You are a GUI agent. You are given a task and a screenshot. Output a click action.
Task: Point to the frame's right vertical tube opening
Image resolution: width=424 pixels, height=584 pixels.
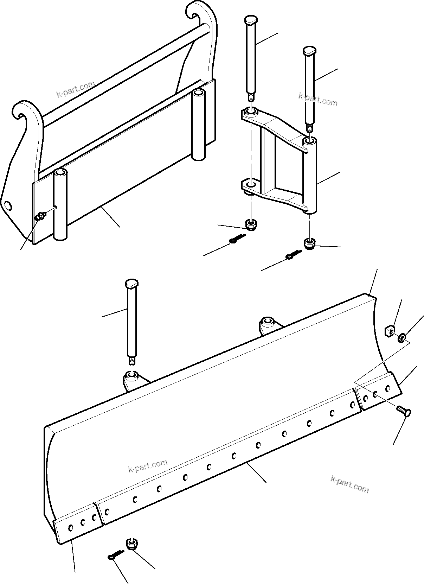tap(199, 93)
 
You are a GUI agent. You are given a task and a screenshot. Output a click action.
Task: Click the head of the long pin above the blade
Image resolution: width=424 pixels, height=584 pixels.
tap(131, 284)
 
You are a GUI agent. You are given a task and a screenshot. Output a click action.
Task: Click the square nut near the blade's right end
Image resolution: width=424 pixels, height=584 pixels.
tap(389, 331)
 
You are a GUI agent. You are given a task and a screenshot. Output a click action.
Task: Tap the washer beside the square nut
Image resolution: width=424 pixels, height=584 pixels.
tap(401, 338)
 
